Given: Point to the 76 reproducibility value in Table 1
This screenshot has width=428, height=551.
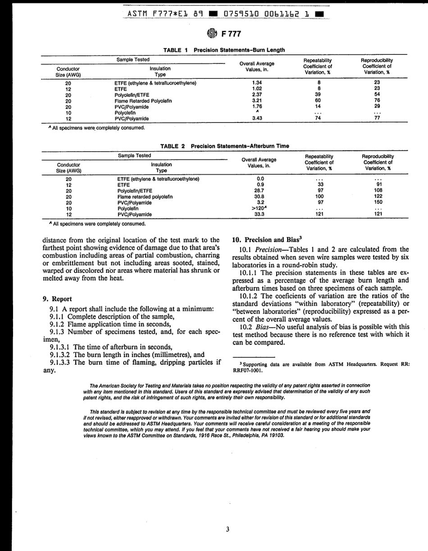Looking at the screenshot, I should pos(377,100).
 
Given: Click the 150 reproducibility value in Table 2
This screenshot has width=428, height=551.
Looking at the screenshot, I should pos(378,203).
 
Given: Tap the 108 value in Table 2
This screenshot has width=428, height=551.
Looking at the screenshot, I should pos(378,190).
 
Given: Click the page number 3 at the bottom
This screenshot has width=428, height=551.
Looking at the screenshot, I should pos(228,529).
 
